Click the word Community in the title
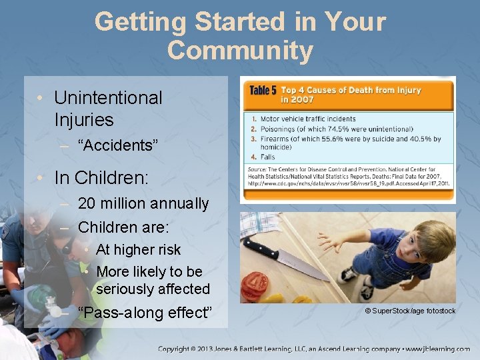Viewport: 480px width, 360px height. pyautogui.click(x=240, y=51)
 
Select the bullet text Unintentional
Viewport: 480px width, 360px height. pyautogui.click(x=108, y=97)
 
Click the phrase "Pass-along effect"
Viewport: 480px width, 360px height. pyautogui.click(x=145, y=313)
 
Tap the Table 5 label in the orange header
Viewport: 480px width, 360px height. pyautogui.click(x=263, y=90)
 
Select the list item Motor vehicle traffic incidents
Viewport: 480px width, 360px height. pyautogui.click(x=307, y=119)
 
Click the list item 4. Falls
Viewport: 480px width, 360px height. pyautogui.click(x=267, y=157)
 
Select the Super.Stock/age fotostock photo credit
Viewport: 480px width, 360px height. pyautogui.click(x=409, y=311)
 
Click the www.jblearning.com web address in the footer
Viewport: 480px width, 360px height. pyautogui.click(x=437, y=349)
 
